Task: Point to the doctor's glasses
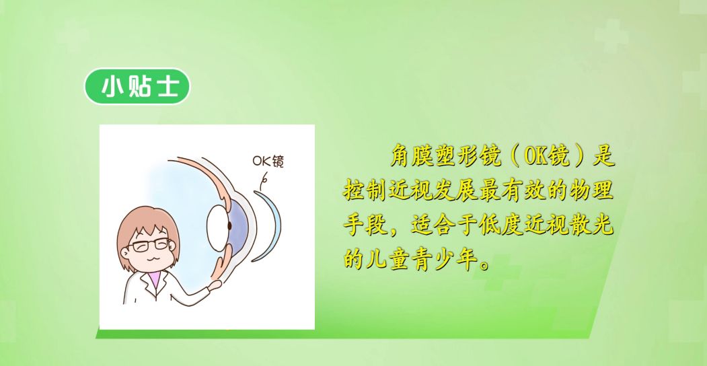point(149,244)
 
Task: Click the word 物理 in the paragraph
point(594,191)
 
